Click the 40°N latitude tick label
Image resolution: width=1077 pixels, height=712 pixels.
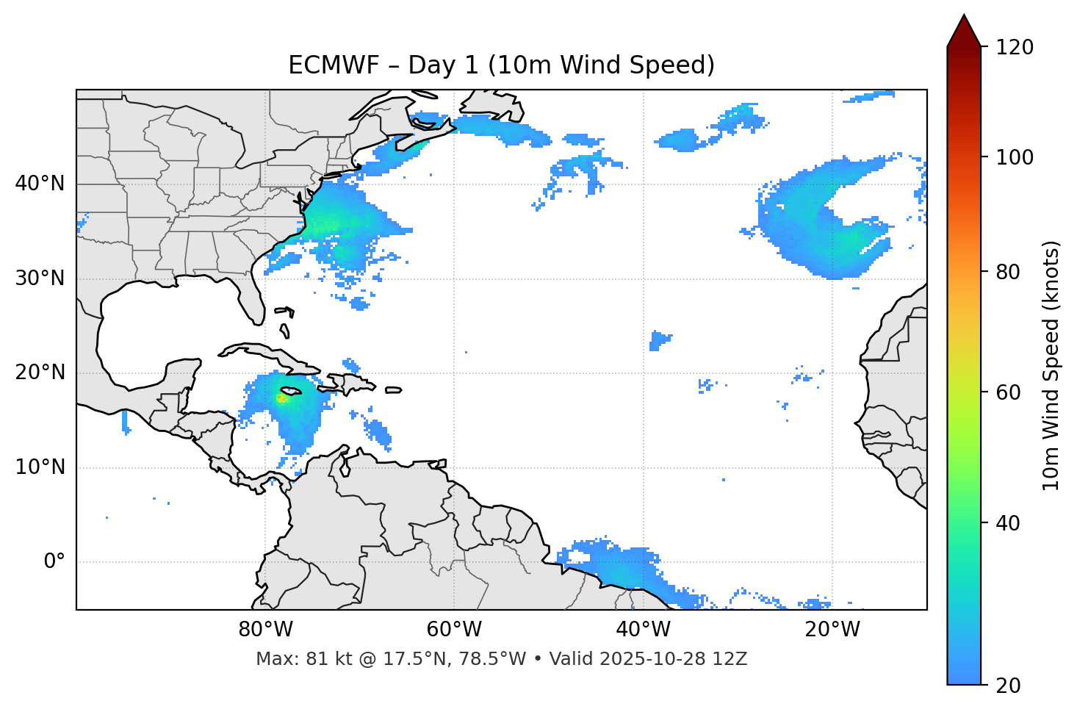40,184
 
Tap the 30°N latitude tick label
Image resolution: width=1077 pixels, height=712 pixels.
40,278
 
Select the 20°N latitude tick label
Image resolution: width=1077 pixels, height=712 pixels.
40,373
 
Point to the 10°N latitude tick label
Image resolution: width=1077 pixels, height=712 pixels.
40,467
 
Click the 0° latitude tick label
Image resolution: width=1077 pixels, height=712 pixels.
54,562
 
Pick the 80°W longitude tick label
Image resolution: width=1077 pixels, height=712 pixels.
265,630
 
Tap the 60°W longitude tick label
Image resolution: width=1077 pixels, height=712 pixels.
454,630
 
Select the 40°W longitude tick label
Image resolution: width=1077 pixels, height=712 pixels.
643,630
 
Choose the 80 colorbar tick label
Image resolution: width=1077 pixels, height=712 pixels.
1009,272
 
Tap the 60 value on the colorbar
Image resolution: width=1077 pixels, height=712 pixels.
1009,392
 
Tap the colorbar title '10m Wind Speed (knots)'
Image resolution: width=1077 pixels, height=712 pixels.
1051,365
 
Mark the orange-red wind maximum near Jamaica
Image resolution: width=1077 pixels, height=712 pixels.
280,398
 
